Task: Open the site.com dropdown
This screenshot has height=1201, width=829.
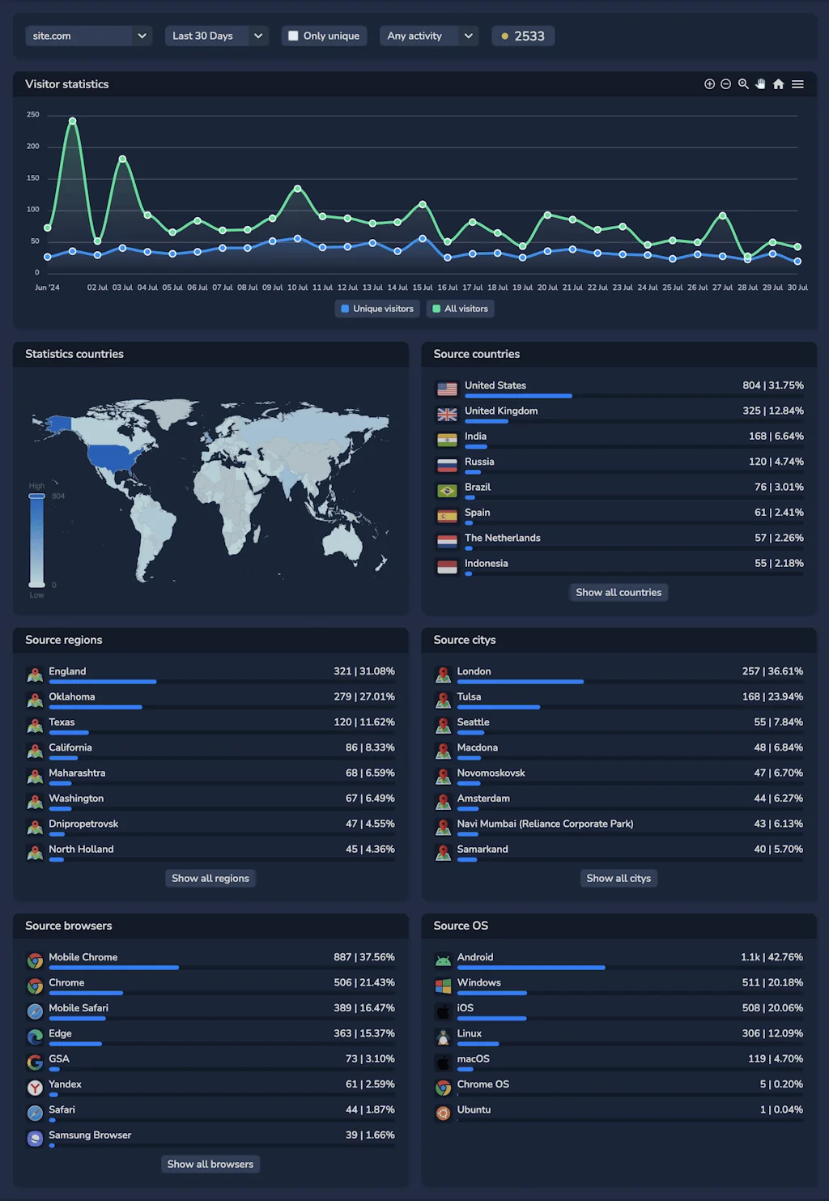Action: (88, 36)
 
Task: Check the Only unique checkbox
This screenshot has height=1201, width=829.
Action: (293, 36)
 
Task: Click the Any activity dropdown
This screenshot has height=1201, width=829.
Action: (428, 36)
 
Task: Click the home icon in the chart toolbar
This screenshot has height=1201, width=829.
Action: (778, 84)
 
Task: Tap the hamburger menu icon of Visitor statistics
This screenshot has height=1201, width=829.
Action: (797, 84)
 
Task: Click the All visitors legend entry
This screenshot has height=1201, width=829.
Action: (460, 309)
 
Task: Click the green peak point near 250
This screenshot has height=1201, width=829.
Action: (73, 121)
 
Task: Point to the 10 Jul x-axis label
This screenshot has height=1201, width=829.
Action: (297, 287)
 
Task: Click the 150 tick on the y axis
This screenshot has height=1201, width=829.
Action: (33, 178)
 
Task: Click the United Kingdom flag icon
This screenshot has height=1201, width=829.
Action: (447, 415)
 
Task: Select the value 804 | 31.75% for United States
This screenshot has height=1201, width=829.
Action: (772, 385)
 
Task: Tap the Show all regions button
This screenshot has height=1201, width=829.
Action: (210, 878)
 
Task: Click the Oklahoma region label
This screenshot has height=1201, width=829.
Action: (71, 696)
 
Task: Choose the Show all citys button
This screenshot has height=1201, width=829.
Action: (619, 878)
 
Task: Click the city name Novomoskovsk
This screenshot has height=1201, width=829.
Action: (491, 773)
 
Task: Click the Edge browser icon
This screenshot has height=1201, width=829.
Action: (35, 1037)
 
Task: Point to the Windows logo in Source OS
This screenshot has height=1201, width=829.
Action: (443, 986)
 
